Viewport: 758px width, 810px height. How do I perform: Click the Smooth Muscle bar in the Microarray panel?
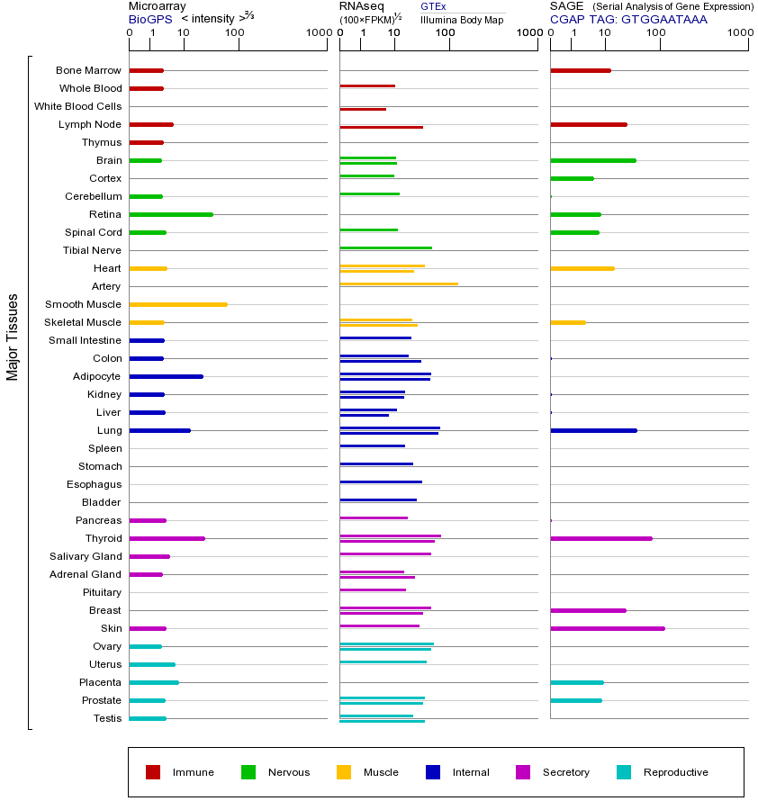[x=178, y=304]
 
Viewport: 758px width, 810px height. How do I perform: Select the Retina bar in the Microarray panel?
[x=171, y=214]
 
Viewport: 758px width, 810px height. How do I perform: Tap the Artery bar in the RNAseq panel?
[x=399, y=283]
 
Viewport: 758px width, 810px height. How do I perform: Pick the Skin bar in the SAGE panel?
[x=608, y=628]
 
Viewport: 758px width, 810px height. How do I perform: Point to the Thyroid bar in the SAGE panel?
[x=601, y=538]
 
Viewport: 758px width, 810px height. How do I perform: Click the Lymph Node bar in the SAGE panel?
[x=589, y=124]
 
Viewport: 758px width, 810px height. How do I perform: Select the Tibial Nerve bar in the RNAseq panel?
[x=385, y=247]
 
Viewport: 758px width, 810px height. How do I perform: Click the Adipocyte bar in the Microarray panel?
[x=167, y=376]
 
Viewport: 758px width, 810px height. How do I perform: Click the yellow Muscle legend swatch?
[x=344, y=772]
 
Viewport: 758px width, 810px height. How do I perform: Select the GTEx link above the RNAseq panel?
[x=433, y=6]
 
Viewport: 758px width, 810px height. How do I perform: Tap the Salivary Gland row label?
[x=86, y=556]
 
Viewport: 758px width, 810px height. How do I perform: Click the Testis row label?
[x=107, y=718]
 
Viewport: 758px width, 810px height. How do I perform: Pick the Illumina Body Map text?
[x=462, y=19]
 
